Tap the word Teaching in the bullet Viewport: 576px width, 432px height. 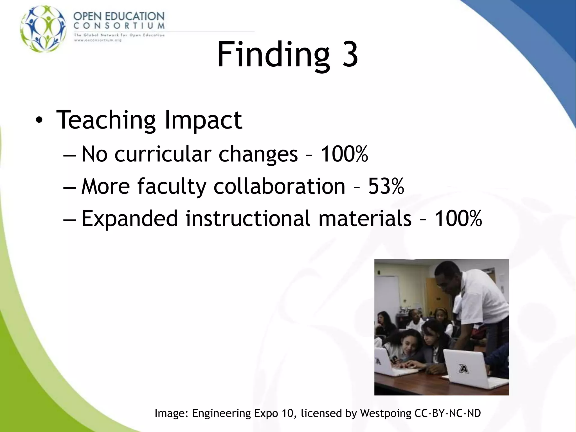(106, 120)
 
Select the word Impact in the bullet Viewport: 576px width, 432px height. (203, 120)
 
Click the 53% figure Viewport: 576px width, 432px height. (386, 186)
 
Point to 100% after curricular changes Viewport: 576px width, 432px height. (344, 154)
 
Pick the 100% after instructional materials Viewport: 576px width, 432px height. (458, 219)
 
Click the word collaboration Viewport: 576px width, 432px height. (279, 186)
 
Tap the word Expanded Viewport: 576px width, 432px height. (130, 219)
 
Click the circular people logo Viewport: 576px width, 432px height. (43, 29)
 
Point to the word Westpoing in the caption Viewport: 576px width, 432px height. (386, 413)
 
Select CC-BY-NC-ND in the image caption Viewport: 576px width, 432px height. (448, 413)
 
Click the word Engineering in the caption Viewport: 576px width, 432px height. (221, 413)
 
